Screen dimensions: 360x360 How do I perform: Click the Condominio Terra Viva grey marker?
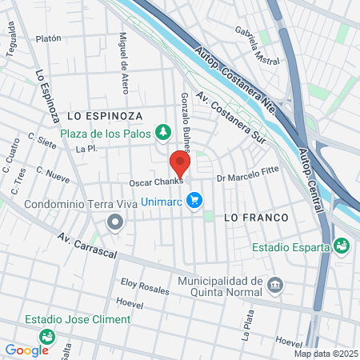click(116, 221)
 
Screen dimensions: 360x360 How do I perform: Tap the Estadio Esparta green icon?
click(342, 246)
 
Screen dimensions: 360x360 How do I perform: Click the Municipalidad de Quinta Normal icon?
click(276, 285)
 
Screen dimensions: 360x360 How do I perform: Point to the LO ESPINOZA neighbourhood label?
click(105, 116)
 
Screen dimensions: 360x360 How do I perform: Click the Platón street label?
click(49, 38)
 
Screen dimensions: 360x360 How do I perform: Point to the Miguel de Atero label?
click(124, 58)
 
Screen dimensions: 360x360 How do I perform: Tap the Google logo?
click(26, 350)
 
